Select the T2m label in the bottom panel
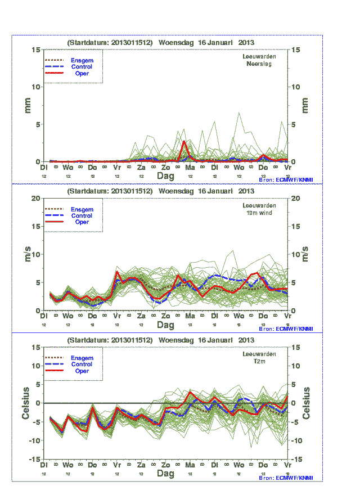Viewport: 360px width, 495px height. tap(259, 362)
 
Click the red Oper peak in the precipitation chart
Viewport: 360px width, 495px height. tap(184, 142)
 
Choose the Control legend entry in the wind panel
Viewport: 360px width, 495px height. tap(82, 216)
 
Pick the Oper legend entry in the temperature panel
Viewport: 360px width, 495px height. tap(82, 371)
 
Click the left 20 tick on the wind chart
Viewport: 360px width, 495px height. tap(35, 198)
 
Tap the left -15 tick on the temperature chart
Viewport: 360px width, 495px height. tap(34, 459)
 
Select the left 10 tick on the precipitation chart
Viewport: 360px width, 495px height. tap(35, 87)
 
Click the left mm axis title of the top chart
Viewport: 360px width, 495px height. tap(26, 105)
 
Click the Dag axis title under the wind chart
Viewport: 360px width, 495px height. tap(165, 325)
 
